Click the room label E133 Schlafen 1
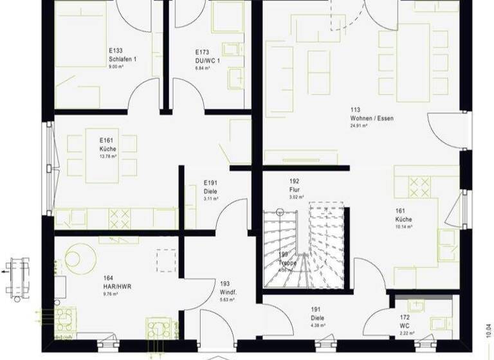click(x=122, y=58)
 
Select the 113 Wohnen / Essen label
click(x=371, y=118)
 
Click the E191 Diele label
click(x=210, y=191)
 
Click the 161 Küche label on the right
click(x=403, y=219)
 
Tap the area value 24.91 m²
click(x=359, y=126)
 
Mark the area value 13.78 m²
click(x=107, y=156)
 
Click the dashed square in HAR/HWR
click(x=166, y=261)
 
